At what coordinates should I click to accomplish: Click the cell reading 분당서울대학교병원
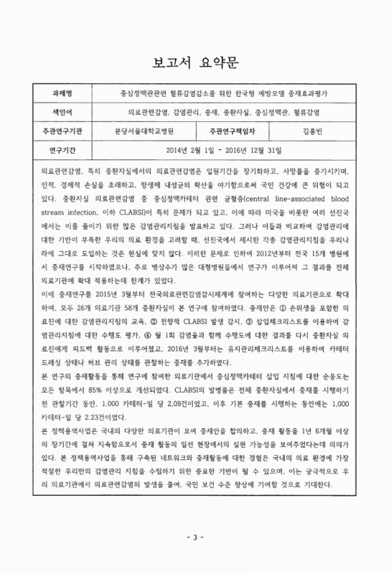[x=148, y=131]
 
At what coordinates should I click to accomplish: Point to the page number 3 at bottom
[x=195, y=555]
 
